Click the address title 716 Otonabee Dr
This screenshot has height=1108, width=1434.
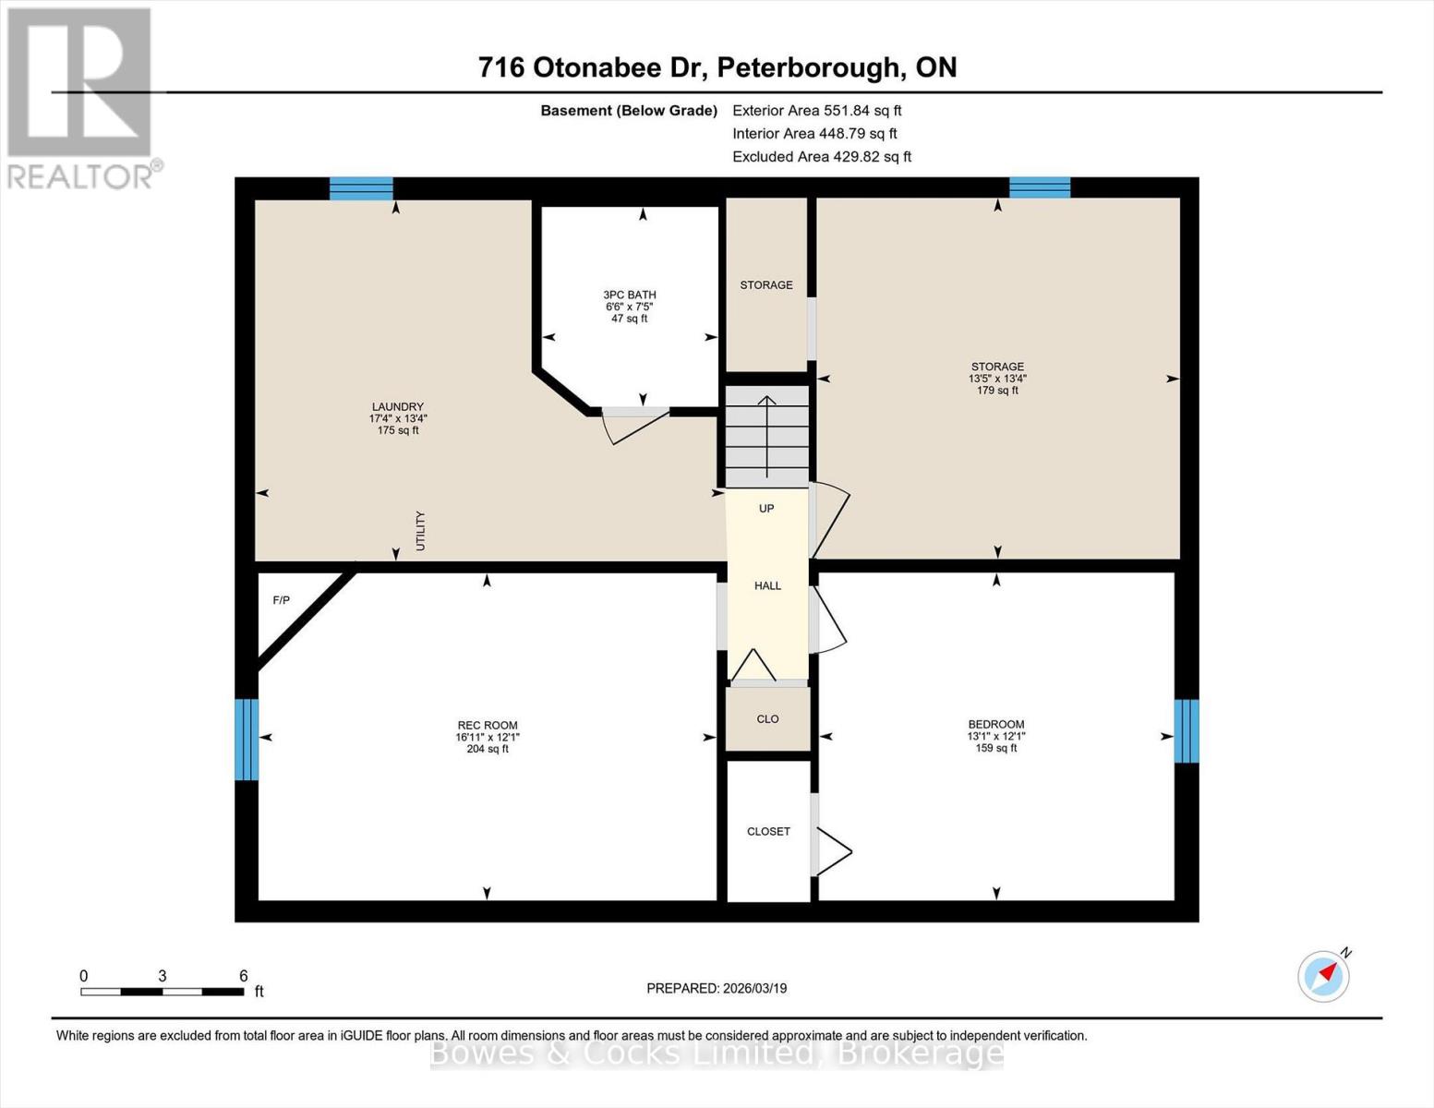click(717, 67)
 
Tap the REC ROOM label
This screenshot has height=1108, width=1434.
click(488, 726)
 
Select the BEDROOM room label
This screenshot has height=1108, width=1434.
click(996, 725)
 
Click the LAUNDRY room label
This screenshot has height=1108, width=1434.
click(398, 407)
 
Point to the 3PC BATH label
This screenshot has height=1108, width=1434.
click(630, 295)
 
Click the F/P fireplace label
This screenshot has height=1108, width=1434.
click(282, 601)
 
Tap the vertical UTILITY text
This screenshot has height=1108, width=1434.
click(421, 531)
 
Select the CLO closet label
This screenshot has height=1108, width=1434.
click(767, 719)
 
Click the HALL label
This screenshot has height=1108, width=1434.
click(767, 585)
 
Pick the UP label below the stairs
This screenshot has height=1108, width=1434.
click(766, 509)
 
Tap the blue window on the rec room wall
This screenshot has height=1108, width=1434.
click(247, 739)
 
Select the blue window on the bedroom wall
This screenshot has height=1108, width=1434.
click(1186, 730)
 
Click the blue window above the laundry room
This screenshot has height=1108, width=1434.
click(362, 188)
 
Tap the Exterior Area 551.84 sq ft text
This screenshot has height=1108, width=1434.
click(816, 110)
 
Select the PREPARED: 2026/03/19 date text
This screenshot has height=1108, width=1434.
click(717, 988)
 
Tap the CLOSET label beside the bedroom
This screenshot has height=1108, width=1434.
click(768, 832)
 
